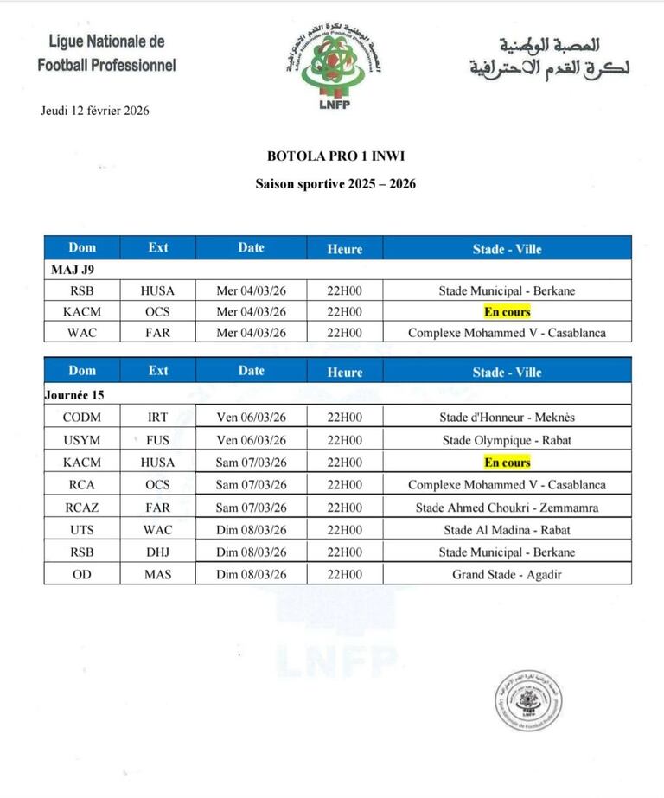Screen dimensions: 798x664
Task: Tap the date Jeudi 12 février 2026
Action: click(95, 110)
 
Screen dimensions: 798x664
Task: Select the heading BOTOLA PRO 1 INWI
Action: click(336, 156)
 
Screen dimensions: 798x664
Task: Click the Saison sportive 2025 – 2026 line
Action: click(336, 183)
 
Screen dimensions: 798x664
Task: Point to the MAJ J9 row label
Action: click(73, 270)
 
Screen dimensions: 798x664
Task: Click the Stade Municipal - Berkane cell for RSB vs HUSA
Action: click(507, 291)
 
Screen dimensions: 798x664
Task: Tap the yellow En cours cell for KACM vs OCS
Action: click(507, 312)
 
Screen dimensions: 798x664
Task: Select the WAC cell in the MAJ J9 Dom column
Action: click(82, 333)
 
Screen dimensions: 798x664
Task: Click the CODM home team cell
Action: click(82, 417)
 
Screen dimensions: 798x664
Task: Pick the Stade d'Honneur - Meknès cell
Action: click(507, 417)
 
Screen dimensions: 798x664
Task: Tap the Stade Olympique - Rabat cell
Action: click(507, 440)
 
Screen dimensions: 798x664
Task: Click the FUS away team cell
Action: click(158, 440)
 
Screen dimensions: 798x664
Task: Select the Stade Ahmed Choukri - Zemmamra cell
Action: click(507, 508)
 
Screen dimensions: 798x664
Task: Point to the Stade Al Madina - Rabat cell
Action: click(507, 529)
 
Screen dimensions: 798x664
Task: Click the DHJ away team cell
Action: click(158, 552)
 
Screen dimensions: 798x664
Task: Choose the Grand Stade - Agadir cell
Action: click(507, 574)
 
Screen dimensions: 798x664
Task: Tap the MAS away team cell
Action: click(158, 574)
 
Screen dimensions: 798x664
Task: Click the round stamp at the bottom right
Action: click(528, 701)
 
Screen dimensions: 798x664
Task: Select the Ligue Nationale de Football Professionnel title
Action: click(107, 53)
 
